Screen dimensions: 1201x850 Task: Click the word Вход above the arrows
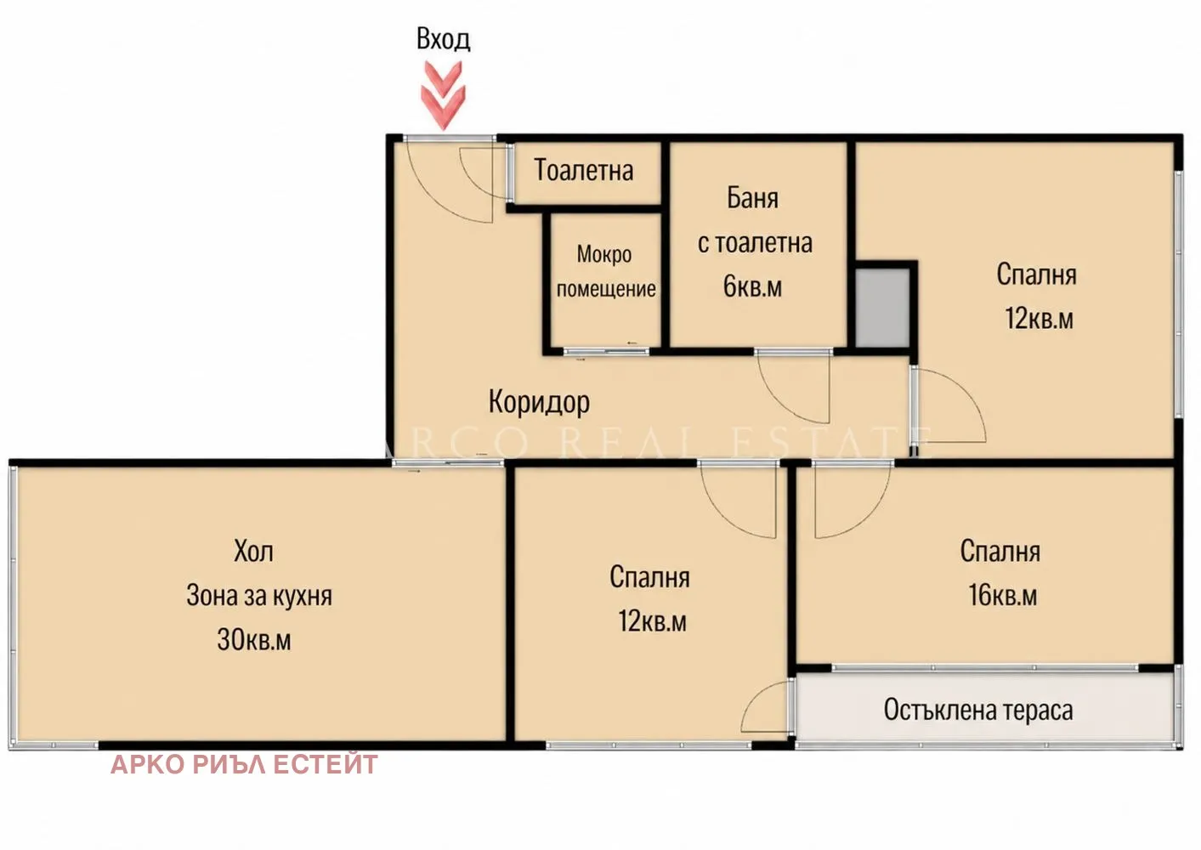click(x=444, y=39)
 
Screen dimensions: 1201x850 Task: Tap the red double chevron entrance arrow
click(x=444, y=95)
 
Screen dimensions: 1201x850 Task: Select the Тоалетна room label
click(x=584, y=170)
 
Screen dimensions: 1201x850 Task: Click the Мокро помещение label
click(x=606, y=271)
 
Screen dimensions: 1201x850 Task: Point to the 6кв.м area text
click(x=752, y=286)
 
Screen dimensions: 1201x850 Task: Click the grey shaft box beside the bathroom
click(x=882, y=308)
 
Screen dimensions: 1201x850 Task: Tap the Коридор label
click(x=539, y=402)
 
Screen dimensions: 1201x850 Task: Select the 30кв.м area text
click(x=253, y=639)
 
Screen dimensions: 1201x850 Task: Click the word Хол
click(x=253, y=551)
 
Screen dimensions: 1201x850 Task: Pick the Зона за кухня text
click(x=259, y=596)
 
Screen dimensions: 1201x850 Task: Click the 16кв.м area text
click(x=1003, y=595)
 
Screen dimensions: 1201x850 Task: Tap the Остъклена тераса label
click(x=978, y=710)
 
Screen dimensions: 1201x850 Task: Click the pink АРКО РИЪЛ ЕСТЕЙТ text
click(x=244, y=764)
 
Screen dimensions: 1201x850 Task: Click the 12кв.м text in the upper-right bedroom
click(x=1039, y=318)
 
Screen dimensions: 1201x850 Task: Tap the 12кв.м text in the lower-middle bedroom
click(x=652, y=621)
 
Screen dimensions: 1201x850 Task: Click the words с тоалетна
click(x=755, y=243)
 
